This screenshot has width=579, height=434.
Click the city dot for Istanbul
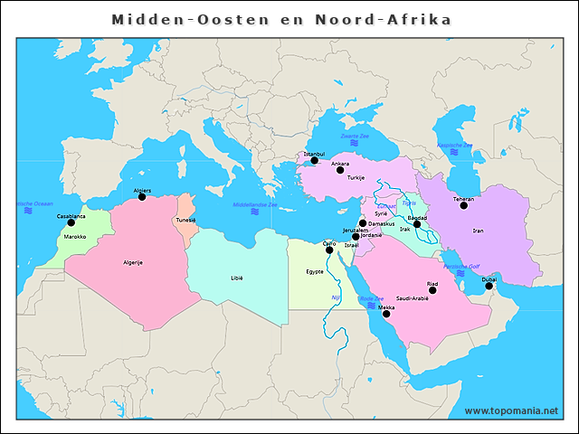pyautogui.click(x=315, y=161)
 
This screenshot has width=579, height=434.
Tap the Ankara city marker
pyautogui.click(x=340, y=170)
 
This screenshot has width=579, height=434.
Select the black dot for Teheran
pyautogui.click(x=463, y=205)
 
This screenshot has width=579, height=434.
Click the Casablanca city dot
pyautogui.click(x=71, y=222)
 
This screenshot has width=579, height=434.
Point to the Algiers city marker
pyautogui.click(x=141, y=197)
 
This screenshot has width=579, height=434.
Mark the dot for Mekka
pyautogui.click(x=386, y=314)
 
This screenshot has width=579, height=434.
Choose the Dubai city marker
pyautogui.click(x=489, y=286)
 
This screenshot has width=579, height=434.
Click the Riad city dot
pyautogui.click(x=432, y=290)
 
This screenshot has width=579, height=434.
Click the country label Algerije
pyautogui.click(x=133, y=262)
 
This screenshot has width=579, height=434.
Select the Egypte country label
pyautogui.click(x=315, y=271)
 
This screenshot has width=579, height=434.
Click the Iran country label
pyautogui.click(x=478, y=231)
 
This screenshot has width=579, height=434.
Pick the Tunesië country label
pyautogui.click(x=185, y=220)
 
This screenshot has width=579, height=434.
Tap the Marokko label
pyautogui.click(x=75, y=237)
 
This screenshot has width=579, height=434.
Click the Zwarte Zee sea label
pyautogui.click(x=355, y=136)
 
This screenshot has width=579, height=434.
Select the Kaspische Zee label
pyautogui.click(x=454, y=145)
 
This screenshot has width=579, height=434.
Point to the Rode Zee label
pyautogui.click(x=372, y=298)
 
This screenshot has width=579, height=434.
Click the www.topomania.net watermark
pyautogui.click(x=511, y=410)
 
